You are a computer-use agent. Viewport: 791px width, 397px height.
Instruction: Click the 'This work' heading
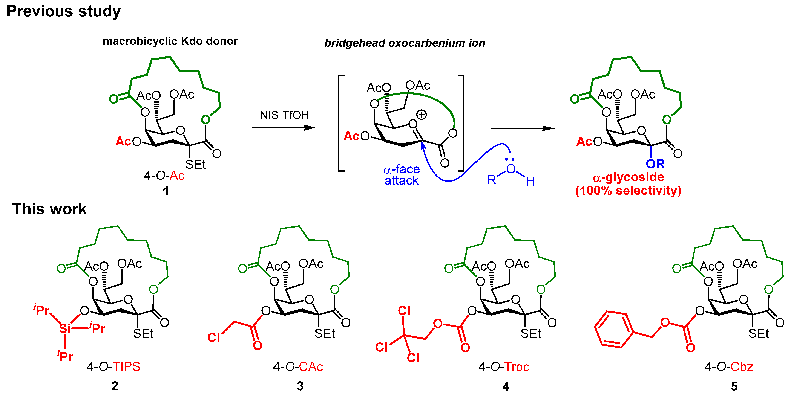click(49, 209)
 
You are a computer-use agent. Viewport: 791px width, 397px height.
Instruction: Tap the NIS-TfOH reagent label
click(284, 115)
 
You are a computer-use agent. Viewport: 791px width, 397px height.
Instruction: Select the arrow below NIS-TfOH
click(283, 128)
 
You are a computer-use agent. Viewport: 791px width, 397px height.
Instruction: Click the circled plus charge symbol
click(421, 115)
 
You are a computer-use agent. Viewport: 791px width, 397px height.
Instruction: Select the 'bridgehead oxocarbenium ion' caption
click(405, 43)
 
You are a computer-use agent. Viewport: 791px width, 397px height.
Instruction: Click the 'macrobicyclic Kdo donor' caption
click(170, 41)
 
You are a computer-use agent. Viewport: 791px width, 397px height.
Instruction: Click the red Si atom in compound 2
click(65, 329)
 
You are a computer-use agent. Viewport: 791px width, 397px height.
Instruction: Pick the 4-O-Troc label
click(504, 367)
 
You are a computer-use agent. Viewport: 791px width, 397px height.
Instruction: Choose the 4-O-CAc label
click(298, 367)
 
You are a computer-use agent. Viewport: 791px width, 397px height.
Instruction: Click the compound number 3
click(300, 386)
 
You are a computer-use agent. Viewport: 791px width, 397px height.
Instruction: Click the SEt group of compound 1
click(195, 165)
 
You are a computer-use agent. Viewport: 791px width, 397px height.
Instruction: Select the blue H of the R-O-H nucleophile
click(530, 181)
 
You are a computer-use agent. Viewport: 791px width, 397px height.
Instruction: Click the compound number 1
click(166, 191)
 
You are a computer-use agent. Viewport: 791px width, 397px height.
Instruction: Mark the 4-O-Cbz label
click(728, 367)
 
